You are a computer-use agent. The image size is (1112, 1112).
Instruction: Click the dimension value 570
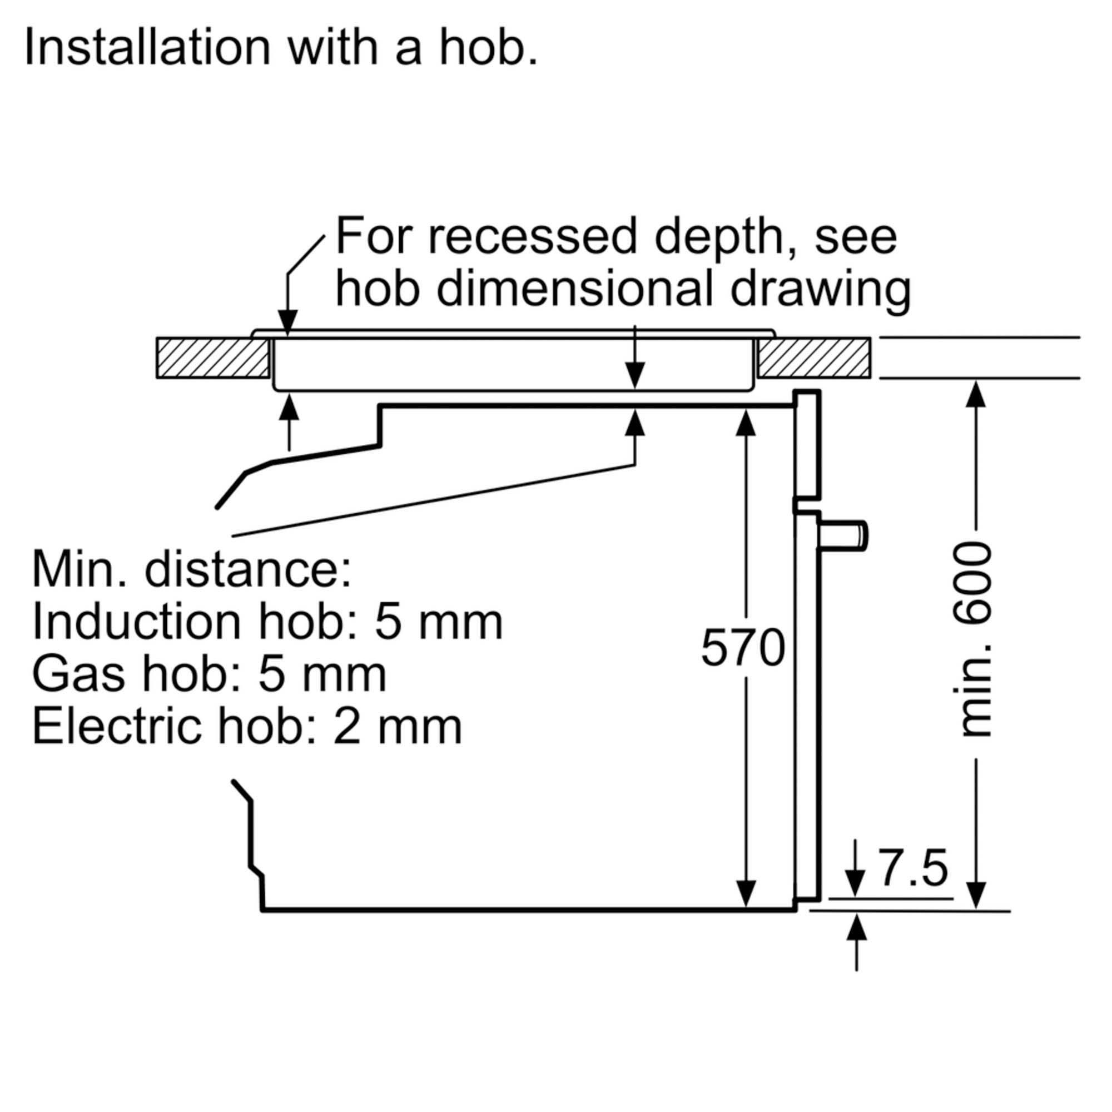tap(743, 648)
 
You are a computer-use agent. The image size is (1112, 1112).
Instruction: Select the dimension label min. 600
tap(976, 639)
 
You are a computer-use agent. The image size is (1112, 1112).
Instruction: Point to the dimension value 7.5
tap(914, 869)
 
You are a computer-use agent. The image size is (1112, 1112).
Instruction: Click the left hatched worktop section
tap(213, 358)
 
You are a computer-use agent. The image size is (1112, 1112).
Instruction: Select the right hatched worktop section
tap(814, 358)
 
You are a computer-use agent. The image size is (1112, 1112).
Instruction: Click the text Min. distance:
tap(192, 570)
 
